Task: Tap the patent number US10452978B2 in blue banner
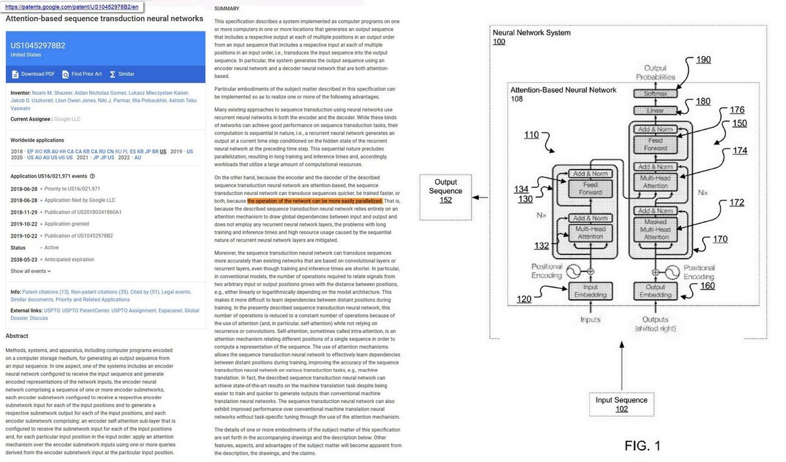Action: [38, 45]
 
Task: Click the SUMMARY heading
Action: [227, 9]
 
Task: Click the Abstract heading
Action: [17, 336]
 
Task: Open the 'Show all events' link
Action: [29, 271]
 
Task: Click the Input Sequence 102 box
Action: [622, 404]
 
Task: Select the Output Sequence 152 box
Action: [446, 191]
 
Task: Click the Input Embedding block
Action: [590, 291]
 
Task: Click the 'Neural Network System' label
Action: [531, 33]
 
